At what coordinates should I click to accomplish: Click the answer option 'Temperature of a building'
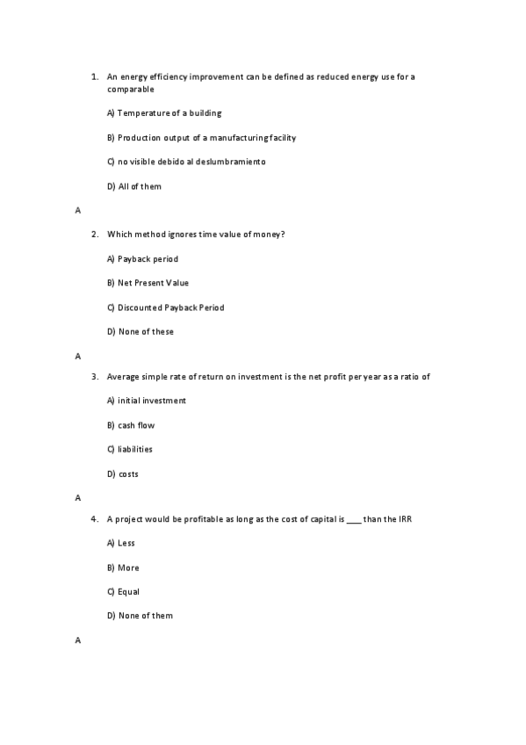pos(164,113)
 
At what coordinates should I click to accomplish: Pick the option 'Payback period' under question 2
pos(147,259)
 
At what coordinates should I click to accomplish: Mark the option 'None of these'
pos(145,332)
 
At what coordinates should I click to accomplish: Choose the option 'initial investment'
pos(151,401)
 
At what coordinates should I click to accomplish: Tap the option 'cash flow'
pos(135,425)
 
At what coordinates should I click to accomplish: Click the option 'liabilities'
pos(134,449)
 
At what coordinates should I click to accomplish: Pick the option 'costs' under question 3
pos(127,474)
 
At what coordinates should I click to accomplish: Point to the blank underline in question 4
pos(353,519)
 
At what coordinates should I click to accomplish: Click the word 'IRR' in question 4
pos(405,519)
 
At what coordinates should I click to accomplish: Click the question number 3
pos(93,377)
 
